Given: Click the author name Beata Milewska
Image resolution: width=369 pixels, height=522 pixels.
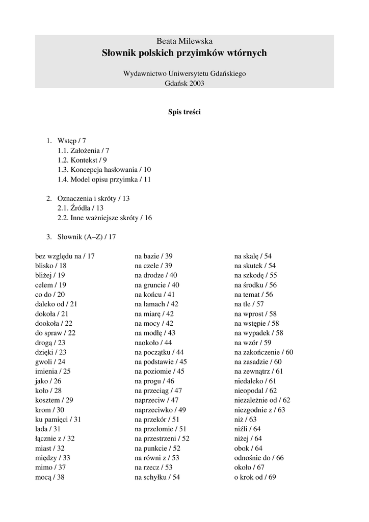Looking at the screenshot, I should [x=184, y=41].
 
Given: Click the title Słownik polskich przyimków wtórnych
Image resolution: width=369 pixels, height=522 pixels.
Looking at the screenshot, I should [x=184, y=53].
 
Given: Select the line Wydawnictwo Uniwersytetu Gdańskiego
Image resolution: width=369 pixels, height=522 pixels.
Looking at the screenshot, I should [x=184, y=73].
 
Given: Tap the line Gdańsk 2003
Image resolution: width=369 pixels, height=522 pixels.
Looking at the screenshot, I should [x=184, y=83].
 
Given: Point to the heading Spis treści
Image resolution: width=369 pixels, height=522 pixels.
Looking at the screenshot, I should [x=184, y=112].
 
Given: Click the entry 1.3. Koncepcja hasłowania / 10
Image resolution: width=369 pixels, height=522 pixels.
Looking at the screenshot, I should [x=104, y=169].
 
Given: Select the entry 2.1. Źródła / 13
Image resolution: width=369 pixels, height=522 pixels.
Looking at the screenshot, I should [x=80, y=208].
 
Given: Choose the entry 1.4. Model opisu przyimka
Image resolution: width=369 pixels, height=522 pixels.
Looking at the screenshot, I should [x=104, y=179].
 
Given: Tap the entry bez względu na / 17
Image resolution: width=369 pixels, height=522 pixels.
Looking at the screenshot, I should [x=65, y=256].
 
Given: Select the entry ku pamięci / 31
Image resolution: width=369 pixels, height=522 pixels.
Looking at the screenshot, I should [x=58, y=419].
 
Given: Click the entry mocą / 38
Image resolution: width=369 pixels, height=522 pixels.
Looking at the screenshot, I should [x=49, y=477].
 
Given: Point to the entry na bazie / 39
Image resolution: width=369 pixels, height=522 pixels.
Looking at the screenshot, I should [x=153, y=256].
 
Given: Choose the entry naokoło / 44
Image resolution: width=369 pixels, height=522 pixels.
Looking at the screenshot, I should [x=153, y=343].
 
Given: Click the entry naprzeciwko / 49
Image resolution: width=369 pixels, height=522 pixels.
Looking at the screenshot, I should [x=160, y=410].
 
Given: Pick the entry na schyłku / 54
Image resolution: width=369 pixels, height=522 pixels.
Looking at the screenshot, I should [x=157, y=477].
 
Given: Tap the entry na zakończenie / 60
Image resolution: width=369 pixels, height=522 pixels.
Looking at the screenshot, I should [x=263, y=352].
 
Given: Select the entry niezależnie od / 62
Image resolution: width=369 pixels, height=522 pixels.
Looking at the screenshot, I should [x=262, y=400].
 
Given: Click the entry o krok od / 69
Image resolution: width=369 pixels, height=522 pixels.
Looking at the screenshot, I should [x=255, y=477].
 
